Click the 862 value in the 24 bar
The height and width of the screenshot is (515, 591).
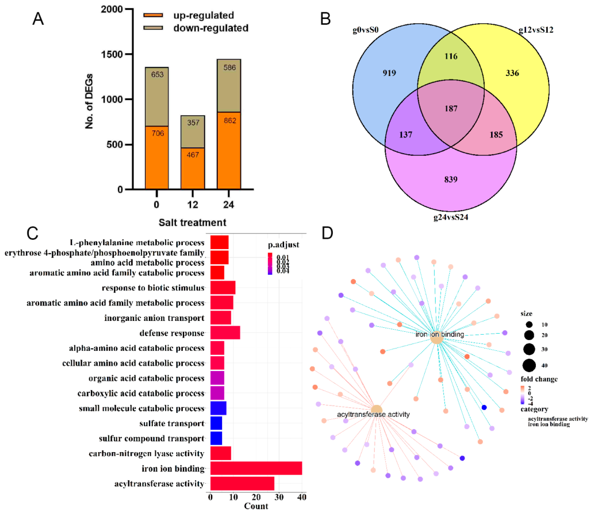230,120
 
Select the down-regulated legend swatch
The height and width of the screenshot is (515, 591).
153,28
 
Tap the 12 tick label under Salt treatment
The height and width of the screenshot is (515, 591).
193,205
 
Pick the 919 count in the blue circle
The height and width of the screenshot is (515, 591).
389,73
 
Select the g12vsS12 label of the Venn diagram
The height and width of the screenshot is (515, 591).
536,30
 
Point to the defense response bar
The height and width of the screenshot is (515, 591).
225,333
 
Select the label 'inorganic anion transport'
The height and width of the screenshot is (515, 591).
154,318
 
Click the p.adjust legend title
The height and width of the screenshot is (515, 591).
284,245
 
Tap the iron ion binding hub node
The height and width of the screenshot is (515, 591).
436,338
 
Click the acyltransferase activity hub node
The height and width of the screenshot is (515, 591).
377,410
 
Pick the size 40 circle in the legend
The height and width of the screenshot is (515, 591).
529,366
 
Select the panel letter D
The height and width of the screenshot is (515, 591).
327,233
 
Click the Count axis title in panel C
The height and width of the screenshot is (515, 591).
256,506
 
